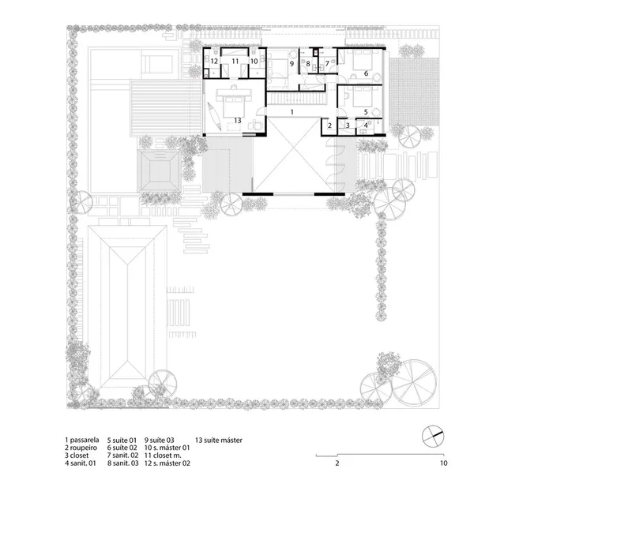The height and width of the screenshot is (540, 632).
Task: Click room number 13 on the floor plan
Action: pos(238,121)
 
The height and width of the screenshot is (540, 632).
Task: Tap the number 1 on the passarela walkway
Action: pos(292,112)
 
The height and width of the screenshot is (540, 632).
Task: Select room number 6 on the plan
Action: pos(366,73)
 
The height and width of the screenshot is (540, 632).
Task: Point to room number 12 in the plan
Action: pos(214,62)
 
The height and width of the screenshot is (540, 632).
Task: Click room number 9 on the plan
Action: pos(292,64)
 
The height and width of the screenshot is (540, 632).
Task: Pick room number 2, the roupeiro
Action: pos(329,126)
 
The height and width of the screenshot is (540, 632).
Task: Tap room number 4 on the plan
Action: pos(366,126)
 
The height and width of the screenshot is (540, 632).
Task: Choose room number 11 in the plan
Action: pos(235,62)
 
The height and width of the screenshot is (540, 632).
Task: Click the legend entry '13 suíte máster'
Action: pos(219,441)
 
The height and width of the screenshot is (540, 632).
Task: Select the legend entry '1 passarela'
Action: pos(82,441)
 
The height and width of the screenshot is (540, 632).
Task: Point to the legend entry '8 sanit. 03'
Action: pos(123,463)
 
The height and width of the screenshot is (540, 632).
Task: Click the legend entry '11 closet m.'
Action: pos(163,456)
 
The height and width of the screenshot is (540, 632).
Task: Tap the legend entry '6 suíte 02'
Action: pos(122,448)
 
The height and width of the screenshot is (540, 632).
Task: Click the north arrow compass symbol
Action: pos(433,436)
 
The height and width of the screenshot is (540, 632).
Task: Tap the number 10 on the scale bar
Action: pos(443,463)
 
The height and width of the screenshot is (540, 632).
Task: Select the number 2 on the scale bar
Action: pos(337,463)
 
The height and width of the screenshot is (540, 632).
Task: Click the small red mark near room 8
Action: pos(316,52)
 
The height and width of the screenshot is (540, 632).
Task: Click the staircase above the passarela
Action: pos(296,98)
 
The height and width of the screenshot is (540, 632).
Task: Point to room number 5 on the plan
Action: pos(366,112)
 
